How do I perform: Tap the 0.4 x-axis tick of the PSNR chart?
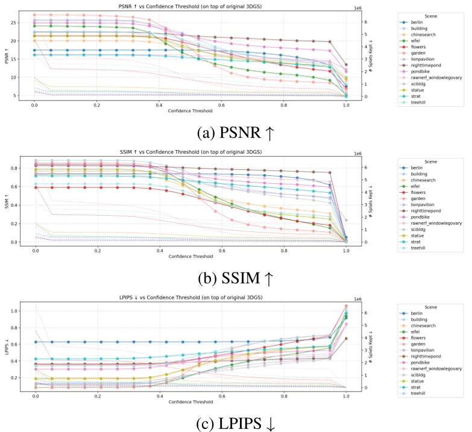159,104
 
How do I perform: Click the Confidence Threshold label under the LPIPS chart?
189,401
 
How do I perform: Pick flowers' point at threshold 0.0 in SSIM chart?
35,187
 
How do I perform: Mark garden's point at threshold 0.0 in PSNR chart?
35,14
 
